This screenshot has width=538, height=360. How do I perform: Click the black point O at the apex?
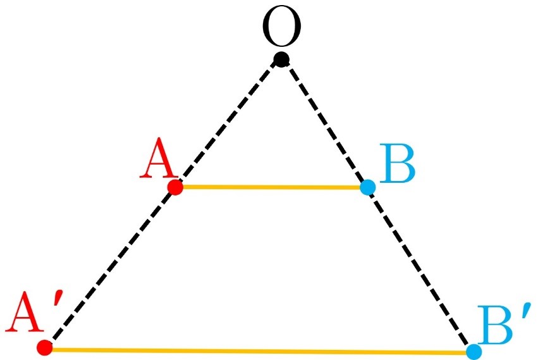282,59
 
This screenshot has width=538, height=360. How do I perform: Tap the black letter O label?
282,26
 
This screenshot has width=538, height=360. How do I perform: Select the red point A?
175,187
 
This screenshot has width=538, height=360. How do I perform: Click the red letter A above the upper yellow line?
157,158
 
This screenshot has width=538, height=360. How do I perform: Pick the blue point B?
368,187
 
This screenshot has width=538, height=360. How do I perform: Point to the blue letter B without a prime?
398,163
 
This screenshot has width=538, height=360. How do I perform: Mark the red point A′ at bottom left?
45,347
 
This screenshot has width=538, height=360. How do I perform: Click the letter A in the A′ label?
25,312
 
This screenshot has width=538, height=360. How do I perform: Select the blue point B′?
474,351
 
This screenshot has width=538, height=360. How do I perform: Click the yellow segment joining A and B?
271,187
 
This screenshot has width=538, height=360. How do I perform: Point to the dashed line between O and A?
228,123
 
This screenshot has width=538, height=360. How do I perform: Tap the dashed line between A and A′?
110,267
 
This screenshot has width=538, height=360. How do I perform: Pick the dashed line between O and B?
324,123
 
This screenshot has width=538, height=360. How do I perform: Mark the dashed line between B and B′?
421,270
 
